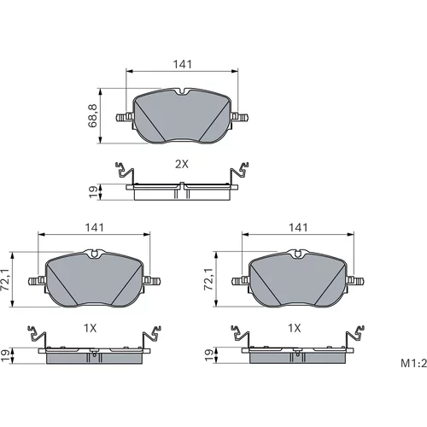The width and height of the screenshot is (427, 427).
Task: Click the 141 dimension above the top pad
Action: (x=183, y=65)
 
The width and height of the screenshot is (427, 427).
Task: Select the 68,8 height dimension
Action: (x=93, y=115)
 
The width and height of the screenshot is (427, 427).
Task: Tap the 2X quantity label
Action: (x=182, y=164)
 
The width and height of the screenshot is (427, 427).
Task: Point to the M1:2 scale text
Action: (x=414, y=363)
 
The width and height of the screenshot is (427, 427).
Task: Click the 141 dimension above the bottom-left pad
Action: (x=95, y=227)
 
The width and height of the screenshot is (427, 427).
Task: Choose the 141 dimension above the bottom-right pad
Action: (x=298, y=227)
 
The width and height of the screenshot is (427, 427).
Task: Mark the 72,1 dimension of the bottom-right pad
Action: (x=208, y=279)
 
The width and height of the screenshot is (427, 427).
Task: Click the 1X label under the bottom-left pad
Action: (x=90, y=328)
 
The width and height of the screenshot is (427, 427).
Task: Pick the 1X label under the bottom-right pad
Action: (x=295, y=328)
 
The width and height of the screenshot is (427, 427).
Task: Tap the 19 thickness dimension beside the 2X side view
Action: (x=93, y=192)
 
